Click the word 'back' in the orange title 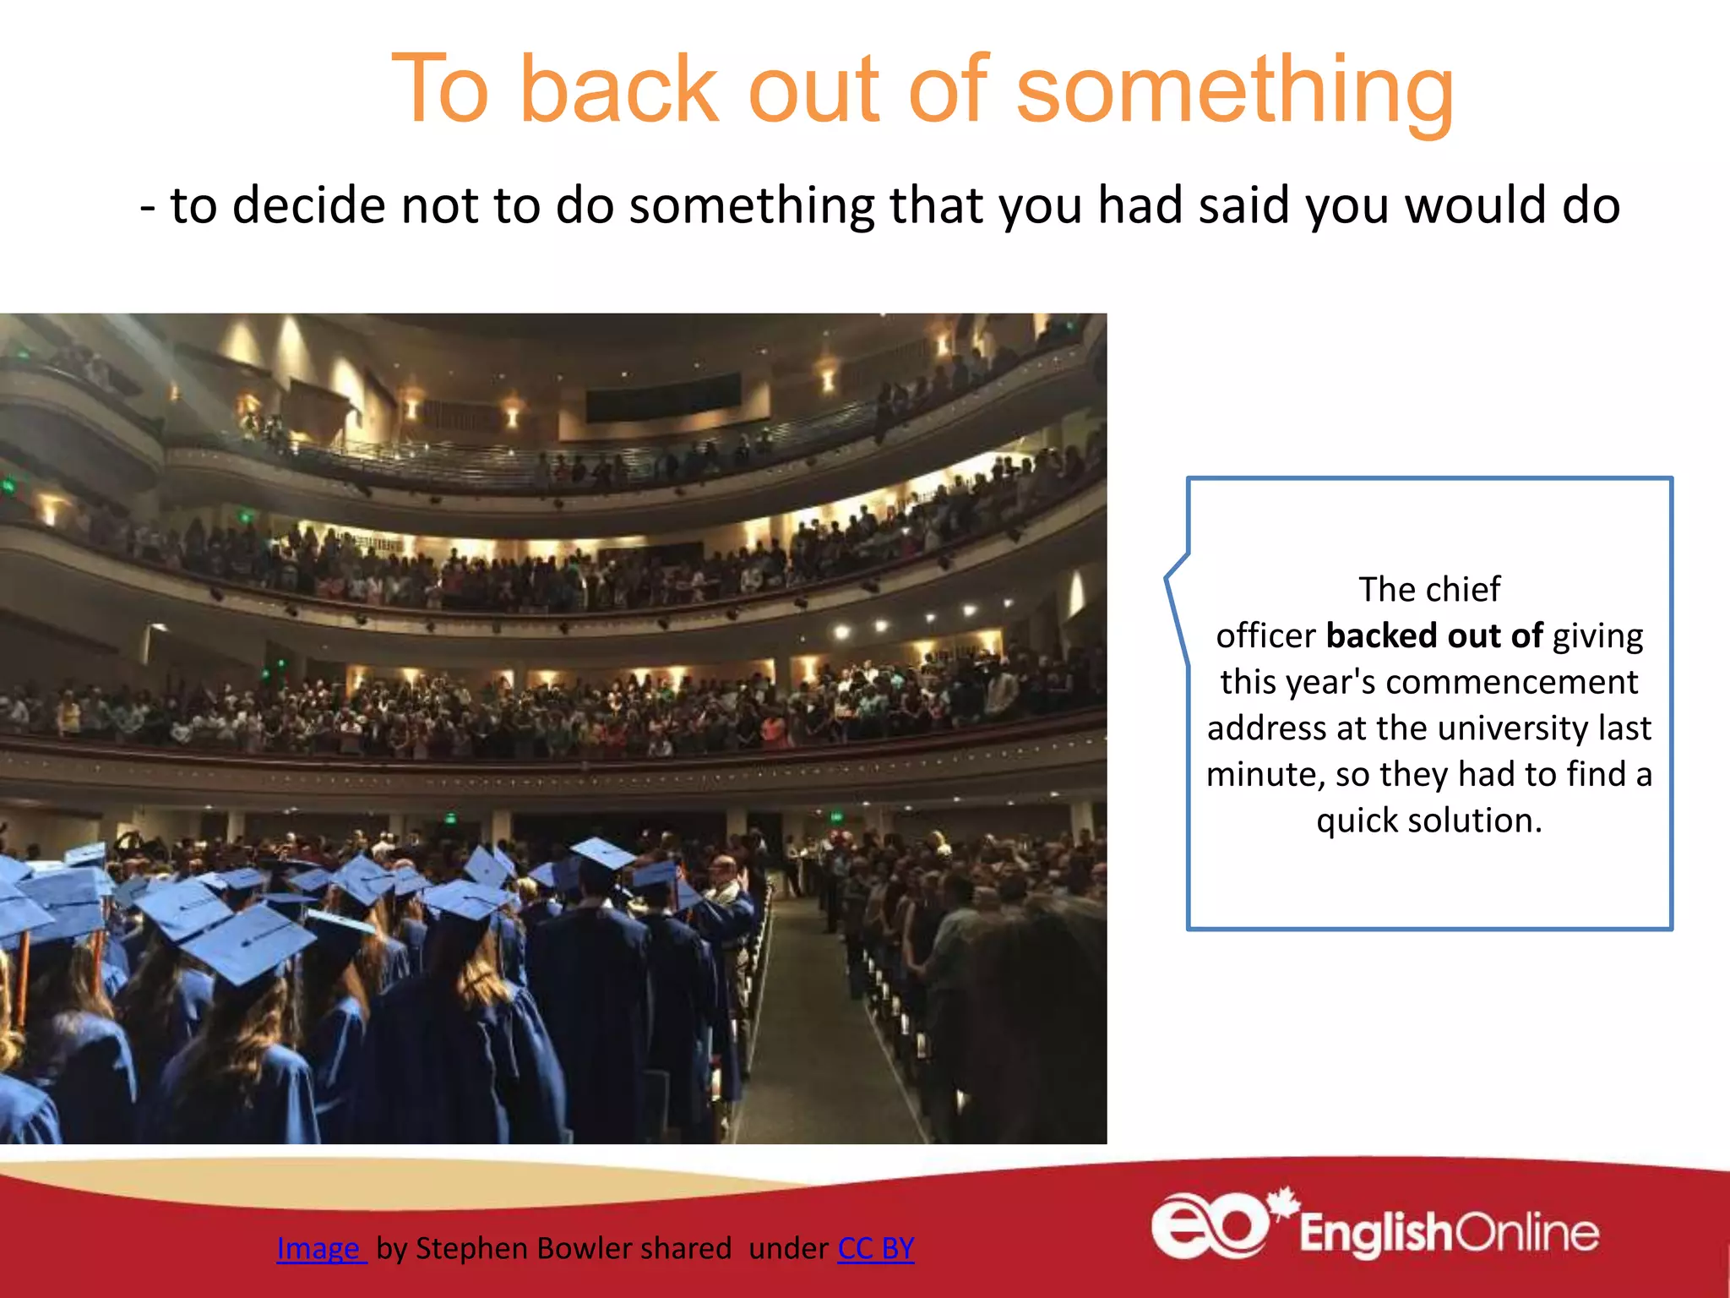click(619, 89)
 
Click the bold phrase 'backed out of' click(1434, 635)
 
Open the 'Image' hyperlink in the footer click(320, 1248)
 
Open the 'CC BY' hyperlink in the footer click(875, 1248)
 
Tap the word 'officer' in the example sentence click(1265, 635)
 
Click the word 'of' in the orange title click(948, 89)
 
